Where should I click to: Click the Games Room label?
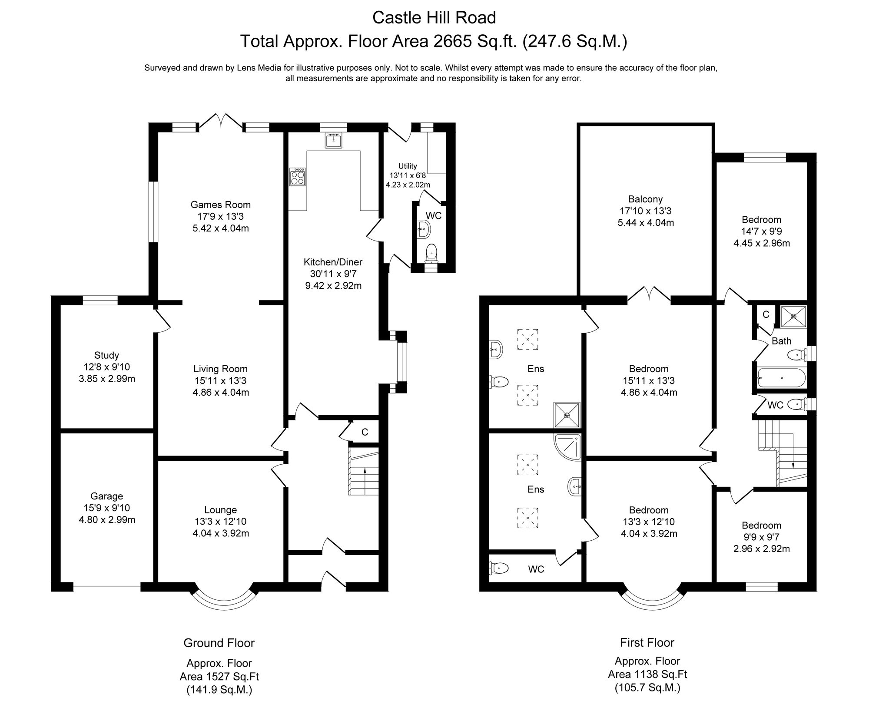pos(220,205)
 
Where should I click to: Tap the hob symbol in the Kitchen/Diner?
pos(298,177)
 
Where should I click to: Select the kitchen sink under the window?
pos(334,140)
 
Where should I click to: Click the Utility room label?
pos(408,166)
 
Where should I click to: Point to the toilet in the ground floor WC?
pos(431,253)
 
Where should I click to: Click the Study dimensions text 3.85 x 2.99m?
pos(107,379)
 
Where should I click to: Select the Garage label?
pos(107,496)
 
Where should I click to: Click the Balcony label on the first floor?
pos(645,199)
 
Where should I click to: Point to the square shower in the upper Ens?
pos(567,415)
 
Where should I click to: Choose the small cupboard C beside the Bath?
pos(766,314)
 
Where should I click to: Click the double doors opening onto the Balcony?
pos(649,295)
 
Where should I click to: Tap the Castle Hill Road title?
pos(434,18)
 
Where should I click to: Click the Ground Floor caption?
pos(219,643)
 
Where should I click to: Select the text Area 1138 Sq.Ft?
pos(647,674)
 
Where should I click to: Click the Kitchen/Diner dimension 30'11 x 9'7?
pos(333,274)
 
